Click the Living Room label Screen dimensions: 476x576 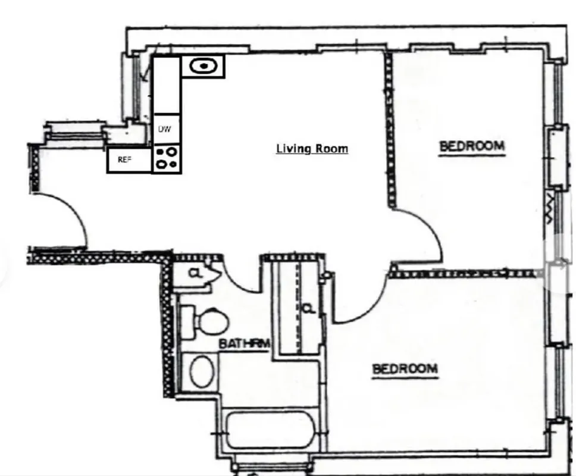click(312, 148)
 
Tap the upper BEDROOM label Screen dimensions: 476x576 click(471, 146)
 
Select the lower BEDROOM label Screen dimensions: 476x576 click(405, 369)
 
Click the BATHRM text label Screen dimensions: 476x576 click(245, 343)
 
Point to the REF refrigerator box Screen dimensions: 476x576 click(124, 160)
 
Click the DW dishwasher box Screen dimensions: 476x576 click(165, 129)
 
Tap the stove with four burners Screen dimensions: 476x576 click(166, 159)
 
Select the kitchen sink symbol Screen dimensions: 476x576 click(203, 67)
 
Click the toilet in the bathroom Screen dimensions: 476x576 click(205, 321)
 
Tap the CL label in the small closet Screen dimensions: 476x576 click(194, 274)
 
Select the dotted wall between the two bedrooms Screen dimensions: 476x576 click(464, 274)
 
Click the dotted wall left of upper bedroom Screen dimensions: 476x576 click(390, 131)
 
